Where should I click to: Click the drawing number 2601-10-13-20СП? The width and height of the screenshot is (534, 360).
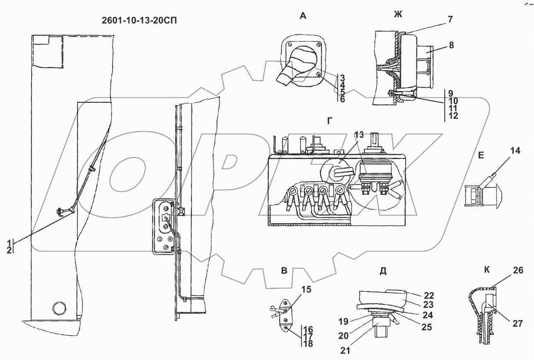(139, 21)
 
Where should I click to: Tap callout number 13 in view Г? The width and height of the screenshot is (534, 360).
(359, 135)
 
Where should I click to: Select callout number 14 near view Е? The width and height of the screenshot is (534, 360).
(515, 151)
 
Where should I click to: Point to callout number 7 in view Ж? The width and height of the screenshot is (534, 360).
(450, 19)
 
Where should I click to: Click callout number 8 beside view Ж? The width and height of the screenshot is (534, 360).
(451, 45)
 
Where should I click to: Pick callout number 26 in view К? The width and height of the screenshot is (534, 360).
(518, 271)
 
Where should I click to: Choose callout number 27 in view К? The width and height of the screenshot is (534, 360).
(517, 324)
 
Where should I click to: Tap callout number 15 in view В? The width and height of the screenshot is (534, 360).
(306, 290)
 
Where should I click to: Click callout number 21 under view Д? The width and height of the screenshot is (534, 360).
(345, 350)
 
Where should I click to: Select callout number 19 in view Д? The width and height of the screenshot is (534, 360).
(343, 321)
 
